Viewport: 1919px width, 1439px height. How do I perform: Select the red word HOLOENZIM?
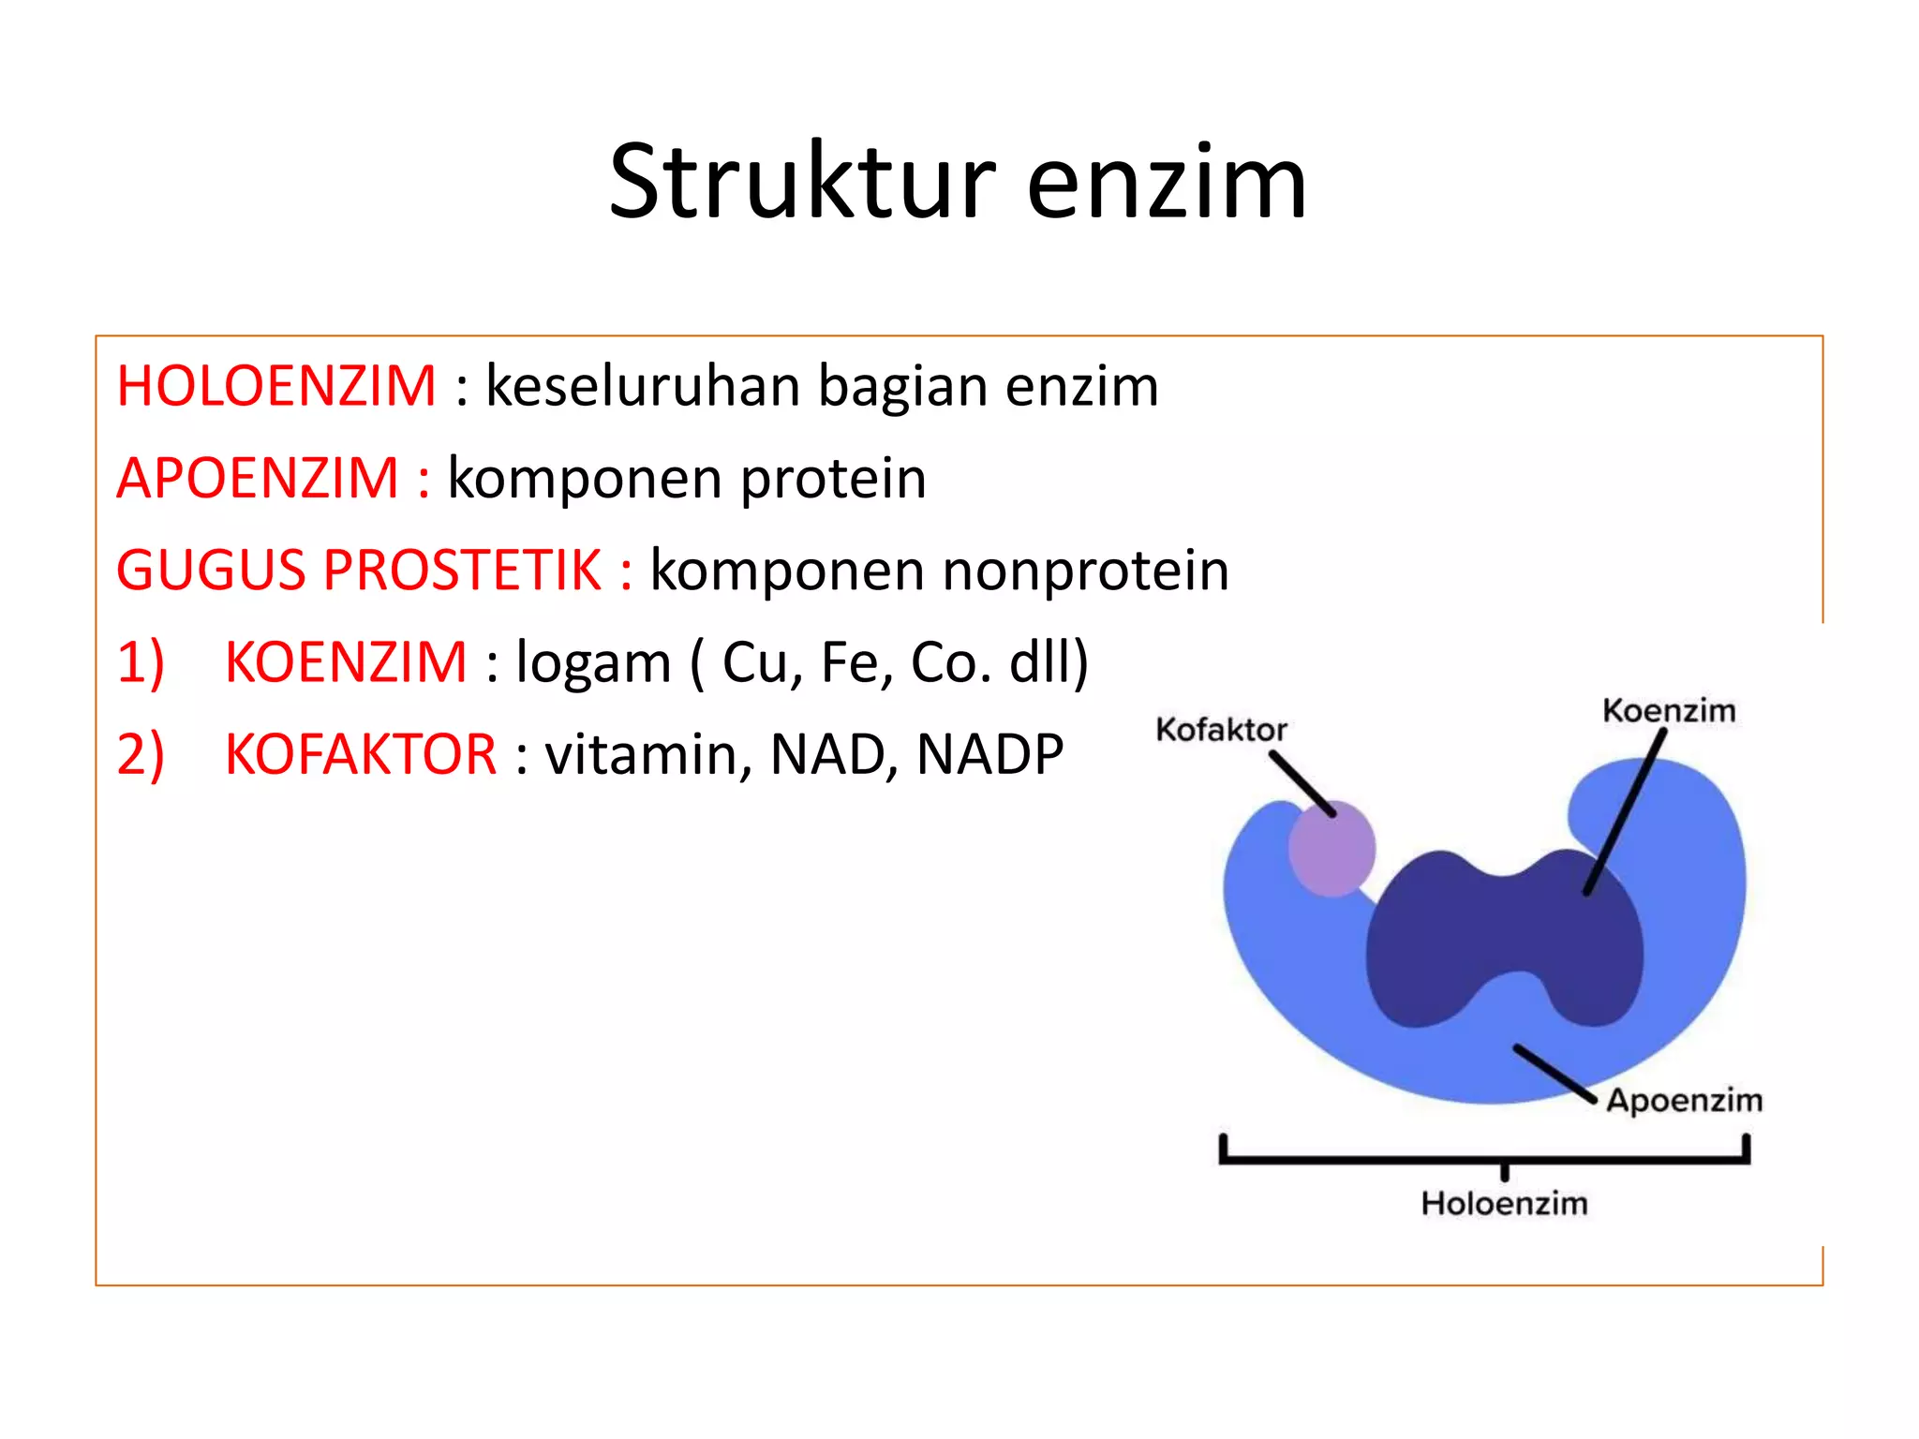tap(276, 386)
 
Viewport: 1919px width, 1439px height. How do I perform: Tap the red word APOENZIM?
tap(258, 478)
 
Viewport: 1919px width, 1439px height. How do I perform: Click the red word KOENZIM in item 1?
tap(346, 662)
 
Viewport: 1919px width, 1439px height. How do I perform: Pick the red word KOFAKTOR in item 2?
tap(361, 754)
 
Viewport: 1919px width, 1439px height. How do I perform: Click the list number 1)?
tap(141, 662)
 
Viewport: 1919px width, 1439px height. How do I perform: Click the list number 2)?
tap(141, 754)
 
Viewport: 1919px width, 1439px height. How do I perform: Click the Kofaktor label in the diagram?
tap(1221, 729)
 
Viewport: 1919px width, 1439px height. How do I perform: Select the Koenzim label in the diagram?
tap(1669, 710)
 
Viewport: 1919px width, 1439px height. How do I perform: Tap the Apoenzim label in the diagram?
tap(1684, 1100)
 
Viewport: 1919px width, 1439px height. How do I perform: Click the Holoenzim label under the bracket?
tap(1504, 1203)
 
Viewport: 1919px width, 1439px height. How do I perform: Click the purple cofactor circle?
tap(1331, 849)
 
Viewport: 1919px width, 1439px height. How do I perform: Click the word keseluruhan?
tap(642, 386)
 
